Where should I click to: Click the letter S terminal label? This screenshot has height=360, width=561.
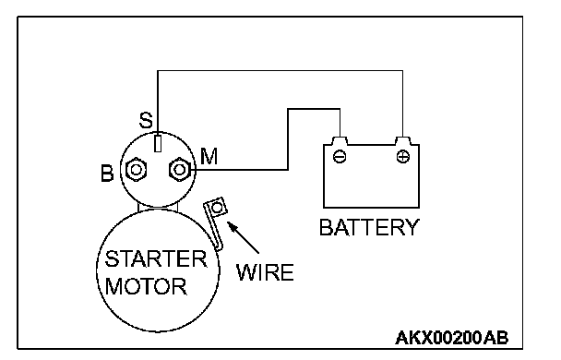pos(146,120)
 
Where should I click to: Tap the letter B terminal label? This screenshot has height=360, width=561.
pos(107,174)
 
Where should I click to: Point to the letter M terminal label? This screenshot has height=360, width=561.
pos(209,156)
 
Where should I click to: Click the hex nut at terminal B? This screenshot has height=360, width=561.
pos(136,170)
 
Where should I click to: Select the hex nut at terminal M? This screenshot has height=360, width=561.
pos(179,169)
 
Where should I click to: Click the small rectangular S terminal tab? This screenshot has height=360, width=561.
pos(158,143)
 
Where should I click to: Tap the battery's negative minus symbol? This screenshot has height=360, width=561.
pos(340,156)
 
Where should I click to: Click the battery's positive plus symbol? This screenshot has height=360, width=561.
pos(403,156)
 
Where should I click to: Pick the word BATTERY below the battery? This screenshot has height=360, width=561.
pos(369,227)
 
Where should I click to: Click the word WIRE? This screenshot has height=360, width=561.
pos(265,272)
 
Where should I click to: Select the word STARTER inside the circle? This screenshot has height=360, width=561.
pos(156,258)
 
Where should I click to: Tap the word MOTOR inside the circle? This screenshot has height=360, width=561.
pos(146,286)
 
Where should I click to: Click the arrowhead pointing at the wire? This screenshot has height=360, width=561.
pos(233,227)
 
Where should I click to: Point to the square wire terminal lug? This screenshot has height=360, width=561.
pos(216,207)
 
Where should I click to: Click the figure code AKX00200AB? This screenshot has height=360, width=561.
pos(452,338)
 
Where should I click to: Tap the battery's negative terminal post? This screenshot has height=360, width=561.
pos(340,140)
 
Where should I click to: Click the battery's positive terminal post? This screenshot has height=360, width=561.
pos(403,140)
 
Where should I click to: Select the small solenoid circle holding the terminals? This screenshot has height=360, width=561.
pos(120,170)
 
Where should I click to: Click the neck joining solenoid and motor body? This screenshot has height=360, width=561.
pos(158,207)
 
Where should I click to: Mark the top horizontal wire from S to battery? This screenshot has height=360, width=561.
pos(280,71)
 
